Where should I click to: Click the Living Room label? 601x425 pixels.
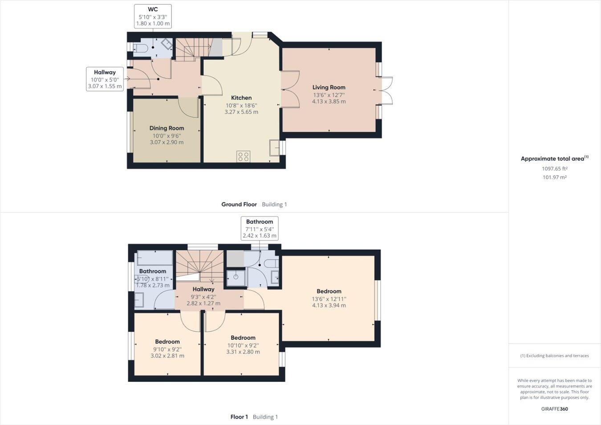(329, 87)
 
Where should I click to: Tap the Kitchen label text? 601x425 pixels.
(241, 98)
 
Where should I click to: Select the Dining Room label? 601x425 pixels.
(166, 128)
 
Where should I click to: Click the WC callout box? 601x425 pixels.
(153, 16)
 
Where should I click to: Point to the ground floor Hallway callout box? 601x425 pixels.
(105, 79)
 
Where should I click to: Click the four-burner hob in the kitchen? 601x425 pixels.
(244, 156)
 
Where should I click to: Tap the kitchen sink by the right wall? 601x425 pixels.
(275, 147)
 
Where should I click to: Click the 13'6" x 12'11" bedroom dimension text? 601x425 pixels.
(329, 299)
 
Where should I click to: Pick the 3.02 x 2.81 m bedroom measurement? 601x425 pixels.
(167, 356)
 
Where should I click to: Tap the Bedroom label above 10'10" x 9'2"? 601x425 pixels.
(243, 338)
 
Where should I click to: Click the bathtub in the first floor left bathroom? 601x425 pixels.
(154, 258)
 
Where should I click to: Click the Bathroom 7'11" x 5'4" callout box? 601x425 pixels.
(260, 228)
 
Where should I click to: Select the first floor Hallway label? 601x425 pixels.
(203, 289)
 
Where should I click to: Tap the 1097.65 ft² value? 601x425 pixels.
(554, 168)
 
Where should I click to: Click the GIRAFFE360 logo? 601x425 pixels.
(554, 409)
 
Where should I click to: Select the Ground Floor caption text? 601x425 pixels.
(239, 204)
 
